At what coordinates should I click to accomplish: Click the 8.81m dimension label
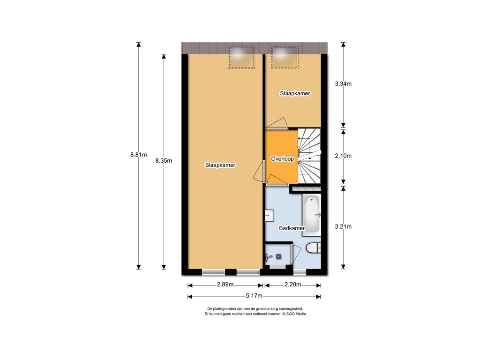pos(138,155)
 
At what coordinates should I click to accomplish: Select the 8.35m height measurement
pos(164,160)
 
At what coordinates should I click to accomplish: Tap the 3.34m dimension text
pos(343,83)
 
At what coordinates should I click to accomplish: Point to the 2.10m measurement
pos(343,156)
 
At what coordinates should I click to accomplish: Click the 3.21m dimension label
pos(343,226)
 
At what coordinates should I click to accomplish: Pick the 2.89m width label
pos(225,285)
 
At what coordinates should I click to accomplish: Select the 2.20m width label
pos(293,285)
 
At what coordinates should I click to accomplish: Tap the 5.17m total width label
pos(254,296)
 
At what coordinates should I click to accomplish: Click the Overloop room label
pos(282,159)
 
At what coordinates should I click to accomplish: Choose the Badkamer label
pos(292,228)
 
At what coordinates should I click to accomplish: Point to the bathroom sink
pos(270,215)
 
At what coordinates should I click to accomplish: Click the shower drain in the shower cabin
pos(279,256)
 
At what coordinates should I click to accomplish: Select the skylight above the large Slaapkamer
pos(241,57)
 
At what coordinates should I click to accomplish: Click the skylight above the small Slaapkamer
pos(285,57)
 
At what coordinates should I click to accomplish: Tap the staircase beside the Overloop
pos(309,156)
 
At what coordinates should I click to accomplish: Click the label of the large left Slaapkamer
pos(220,165)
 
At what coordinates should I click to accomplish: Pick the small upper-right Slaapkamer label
pos(295,93)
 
